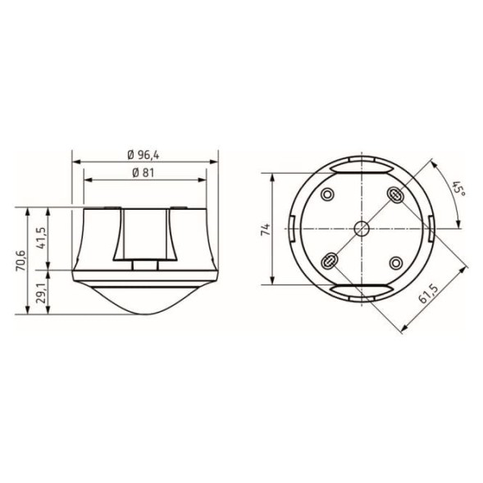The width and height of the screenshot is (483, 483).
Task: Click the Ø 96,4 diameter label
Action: tap(144, 155)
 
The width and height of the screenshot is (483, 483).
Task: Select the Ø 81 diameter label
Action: tap(144, 173)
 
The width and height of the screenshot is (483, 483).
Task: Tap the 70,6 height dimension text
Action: tap(21, 261)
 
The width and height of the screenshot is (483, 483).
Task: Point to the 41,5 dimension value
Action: tap(41, 238)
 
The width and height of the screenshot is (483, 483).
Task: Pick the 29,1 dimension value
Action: tap(41, 293)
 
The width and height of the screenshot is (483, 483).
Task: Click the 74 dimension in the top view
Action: tap(266, 229)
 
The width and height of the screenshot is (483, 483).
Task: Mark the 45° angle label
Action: tap(458, 190)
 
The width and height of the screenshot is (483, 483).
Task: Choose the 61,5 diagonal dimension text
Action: tap(428, 294)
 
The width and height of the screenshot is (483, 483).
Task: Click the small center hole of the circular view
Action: tap(362, 229)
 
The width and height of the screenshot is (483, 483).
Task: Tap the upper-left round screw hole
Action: tap(327, 194)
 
